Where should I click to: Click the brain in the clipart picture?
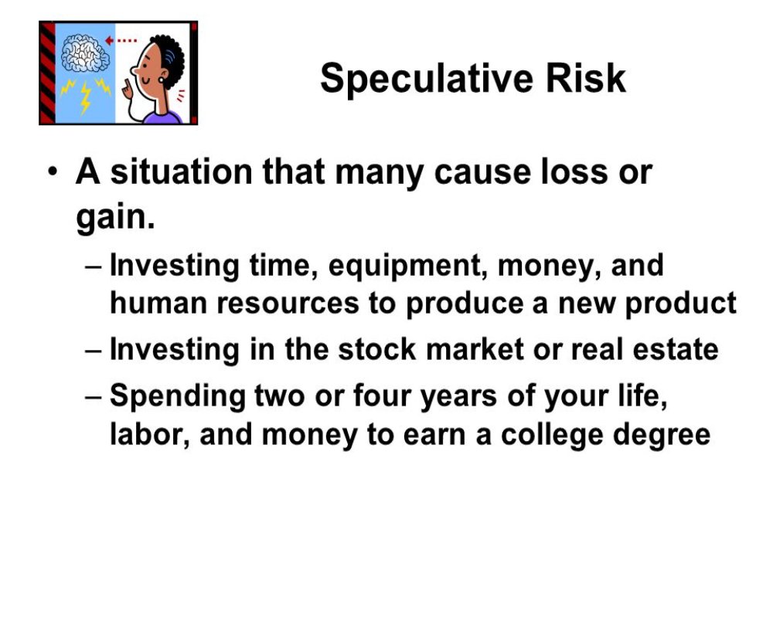85,53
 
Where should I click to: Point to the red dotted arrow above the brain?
121,40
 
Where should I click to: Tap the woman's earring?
162,80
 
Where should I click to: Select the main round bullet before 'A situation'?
53,172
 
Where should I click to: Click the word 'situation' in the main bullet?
181,172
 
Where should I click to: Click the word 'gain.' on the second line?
115,217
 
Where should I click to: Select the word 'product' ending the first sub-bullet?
681,304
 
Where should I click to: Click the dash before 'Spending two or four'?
94,397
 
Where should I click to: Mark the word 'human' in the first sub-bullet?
158,303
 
